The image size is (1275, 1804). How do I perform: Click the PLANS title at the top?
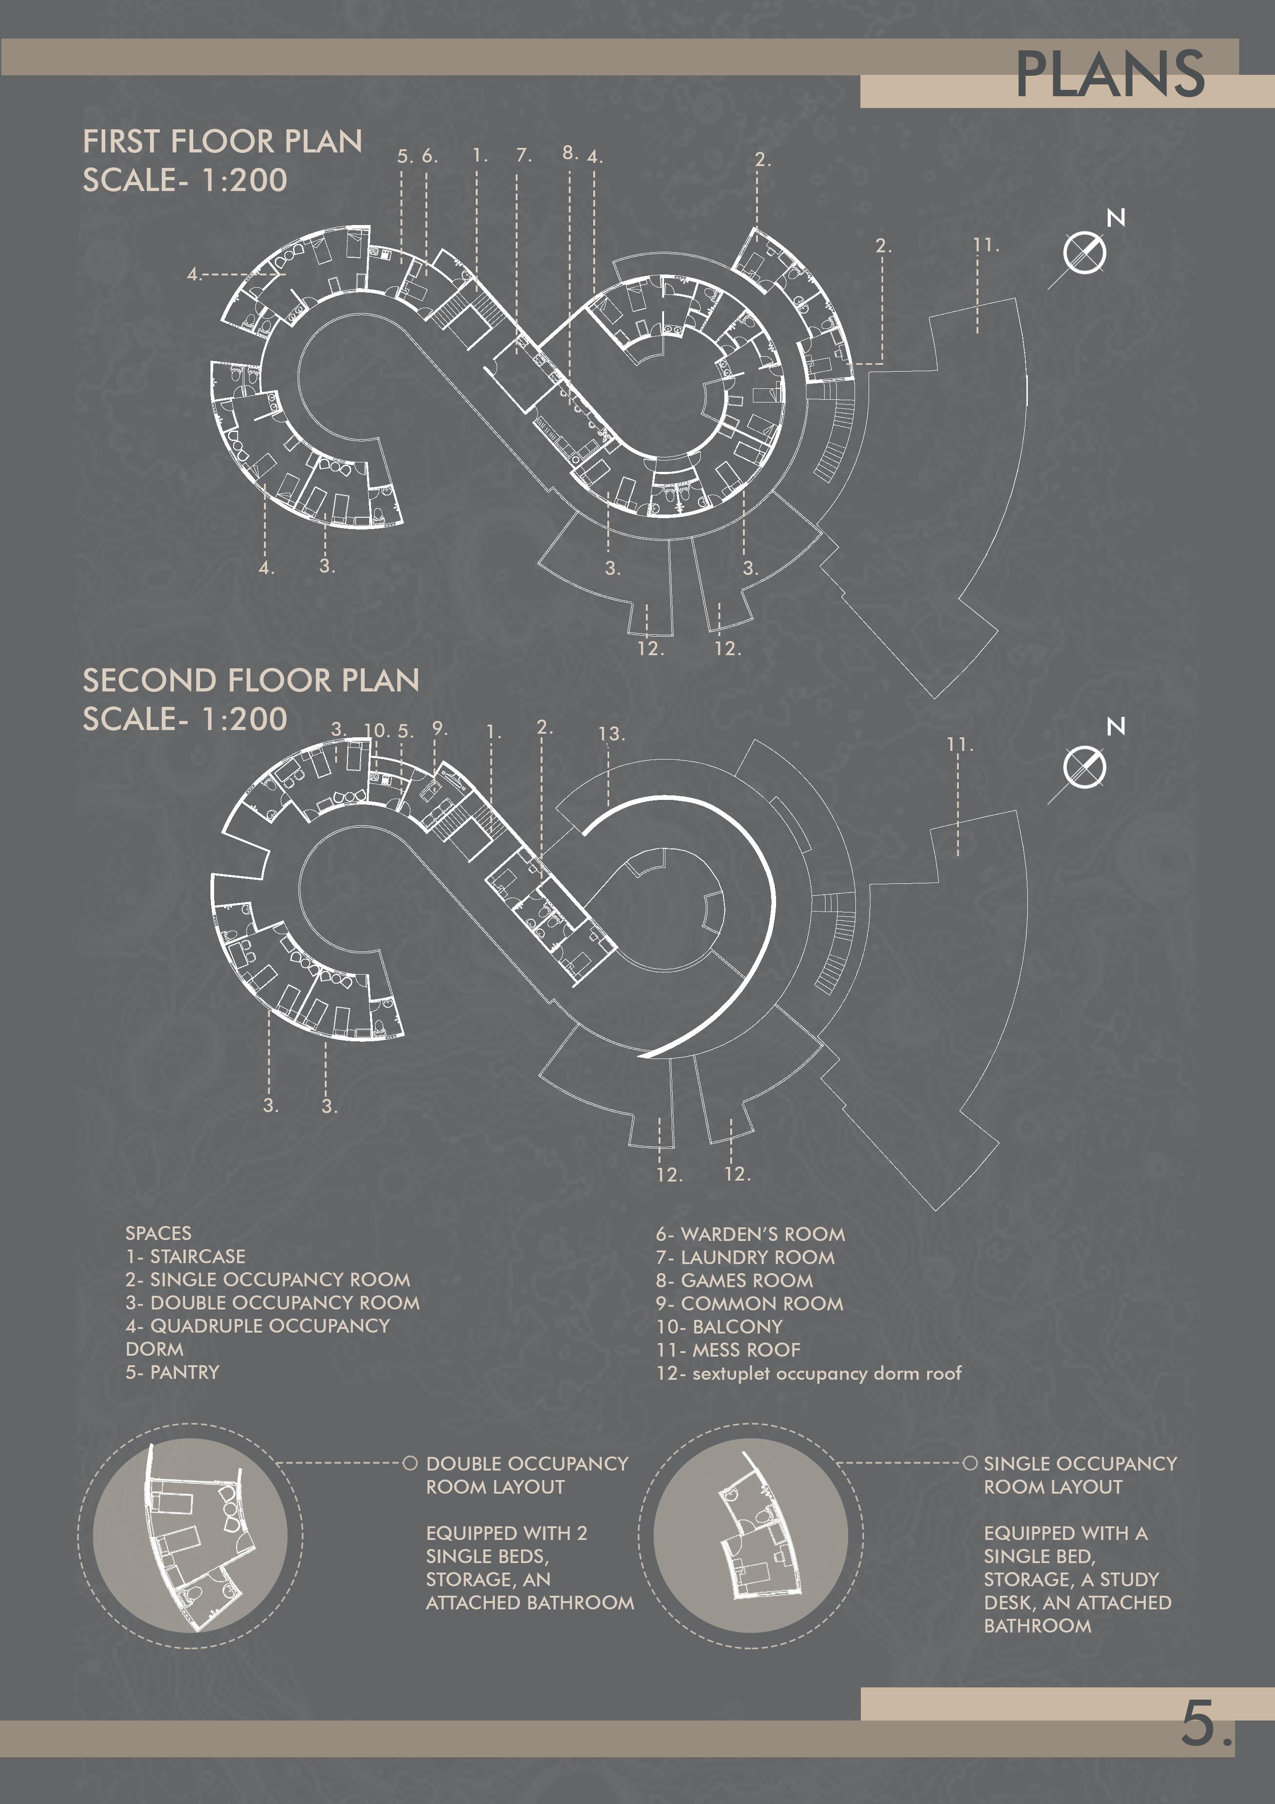1109,75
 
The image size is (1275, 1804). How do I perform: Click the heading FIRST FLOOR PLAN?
222,142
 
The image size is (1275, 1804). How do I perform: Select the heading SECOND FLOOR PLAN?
251,681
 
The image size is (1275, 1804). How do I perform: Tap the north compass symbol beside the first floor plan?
1084,253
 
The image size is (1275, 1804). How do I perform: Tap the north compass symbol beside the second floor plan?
1084,767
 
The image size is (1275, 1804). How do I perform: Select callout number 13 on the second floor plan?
611,734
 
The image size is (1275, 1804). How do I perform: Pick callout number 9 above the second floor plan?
439,728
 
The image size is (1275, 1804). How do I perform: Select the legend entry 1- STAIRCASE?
186,1256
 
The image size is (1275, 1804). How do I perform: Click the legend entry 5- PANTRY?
172,1372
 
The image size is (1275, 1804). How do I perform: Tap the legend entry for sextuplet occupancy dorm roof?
808,1373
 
